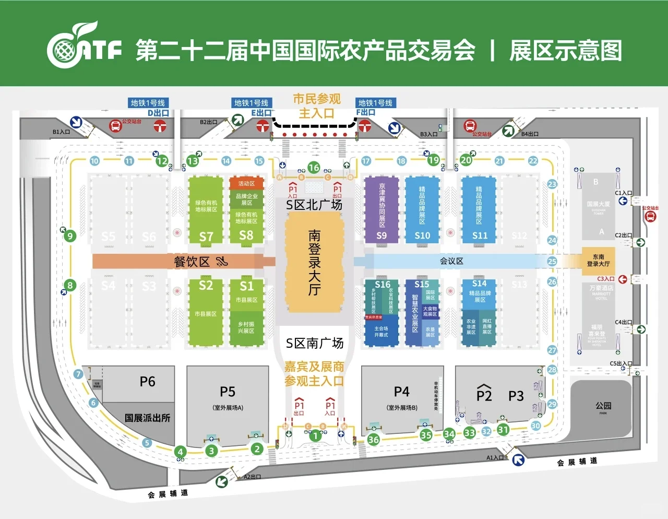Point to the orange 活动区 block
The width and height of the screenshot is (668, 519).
coord(246,183)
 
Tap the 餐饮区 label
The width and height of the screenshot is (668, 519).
coord(192,261)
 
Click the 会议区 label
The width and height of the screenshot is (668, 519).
coord(451,261)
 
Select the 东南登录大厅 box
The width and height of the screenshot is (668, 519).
coord(598,261)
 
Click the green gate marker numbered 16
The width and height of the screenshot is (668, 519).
coord(314,168)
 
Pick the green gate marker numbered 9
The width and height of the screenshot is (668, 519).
coord(70,236)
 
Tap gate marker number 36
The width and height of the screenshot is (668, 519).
coord(373,440)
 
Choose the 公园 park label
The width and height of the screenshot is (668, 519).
coord(603,406)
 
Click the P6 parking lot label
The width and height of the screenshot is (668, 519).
coord(147,382)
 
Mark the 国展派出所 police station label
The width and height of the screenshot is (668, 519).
coord(147,418)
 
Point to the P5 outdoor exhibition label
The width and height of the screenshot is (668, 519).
coord(228,392)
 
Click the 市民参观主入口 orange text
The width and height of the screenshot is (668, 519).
coord(316,105)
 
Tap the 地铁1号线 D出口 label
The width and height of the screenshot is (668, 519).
coord(148,108)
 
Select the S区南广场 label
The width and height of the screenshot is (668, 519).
coord(314,343)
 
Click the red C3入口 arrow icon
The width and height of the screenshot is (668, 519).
coord(622,279)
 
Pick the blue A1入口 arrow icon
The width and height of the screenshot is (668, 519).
coord(518,459)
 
